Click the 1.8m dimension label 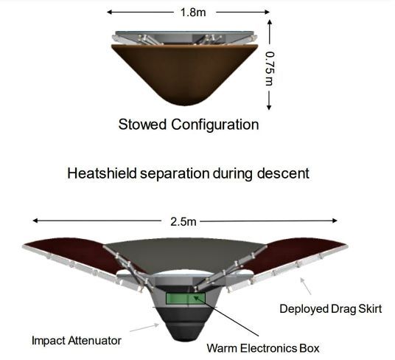point(193,12)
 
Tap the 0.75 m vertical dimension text point(270,69)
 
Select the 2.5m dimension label point(183,222)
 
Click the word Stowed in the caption point(142,124)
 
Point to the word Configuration point(215,125)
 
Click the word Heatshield point(102,173)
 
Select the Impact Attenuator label point(77,341)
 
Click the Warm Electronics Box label point(263,348)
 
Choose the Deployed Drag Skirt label point(330,309)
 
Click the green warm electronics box point(186,298)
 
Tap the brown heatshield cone point(185,73)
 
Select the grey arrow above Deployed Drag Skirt point(305,286)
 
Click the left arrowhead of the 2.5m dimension point(35,221)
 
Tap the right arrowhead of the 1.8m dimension point(267,12)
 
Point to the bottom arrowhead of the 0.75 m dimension point(269,108)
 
